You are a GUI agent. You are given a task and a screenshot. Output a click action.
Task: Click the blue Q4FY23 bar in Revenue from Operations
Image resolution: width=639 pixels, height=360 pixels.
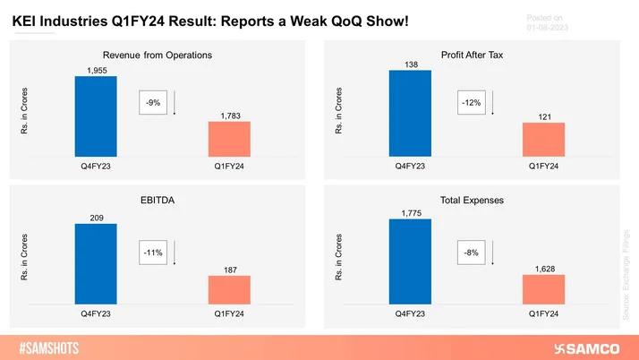point(96,116)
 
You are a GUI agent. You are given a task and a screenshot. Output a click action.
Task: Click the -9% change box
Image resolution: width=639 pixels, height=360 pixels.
point(152,103)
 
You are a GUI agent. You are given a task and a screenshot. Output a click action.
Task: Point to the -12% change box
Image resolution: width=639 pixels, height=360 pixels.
point(470,103)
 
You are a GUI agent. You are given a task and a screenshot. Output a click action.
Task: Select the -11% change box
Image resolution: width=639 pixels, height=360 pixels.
point(152,253)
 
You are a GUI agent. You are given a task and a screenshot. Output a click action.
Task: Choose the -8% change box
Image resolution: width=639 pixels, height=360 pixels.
point(470,253)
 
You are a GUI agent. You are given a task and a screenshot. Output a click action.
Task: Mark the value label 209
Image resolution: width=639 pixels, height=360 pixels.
point(96,217)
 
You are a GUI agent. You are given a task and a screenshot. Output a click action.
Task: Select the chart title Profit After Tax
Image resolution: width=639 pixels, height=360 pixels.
point(476,55)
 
